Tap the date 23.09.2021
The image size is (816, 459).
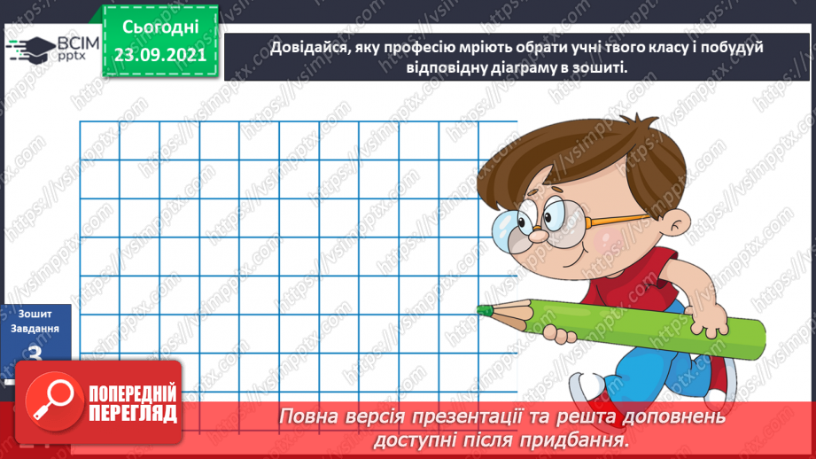tap(159, 54)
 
